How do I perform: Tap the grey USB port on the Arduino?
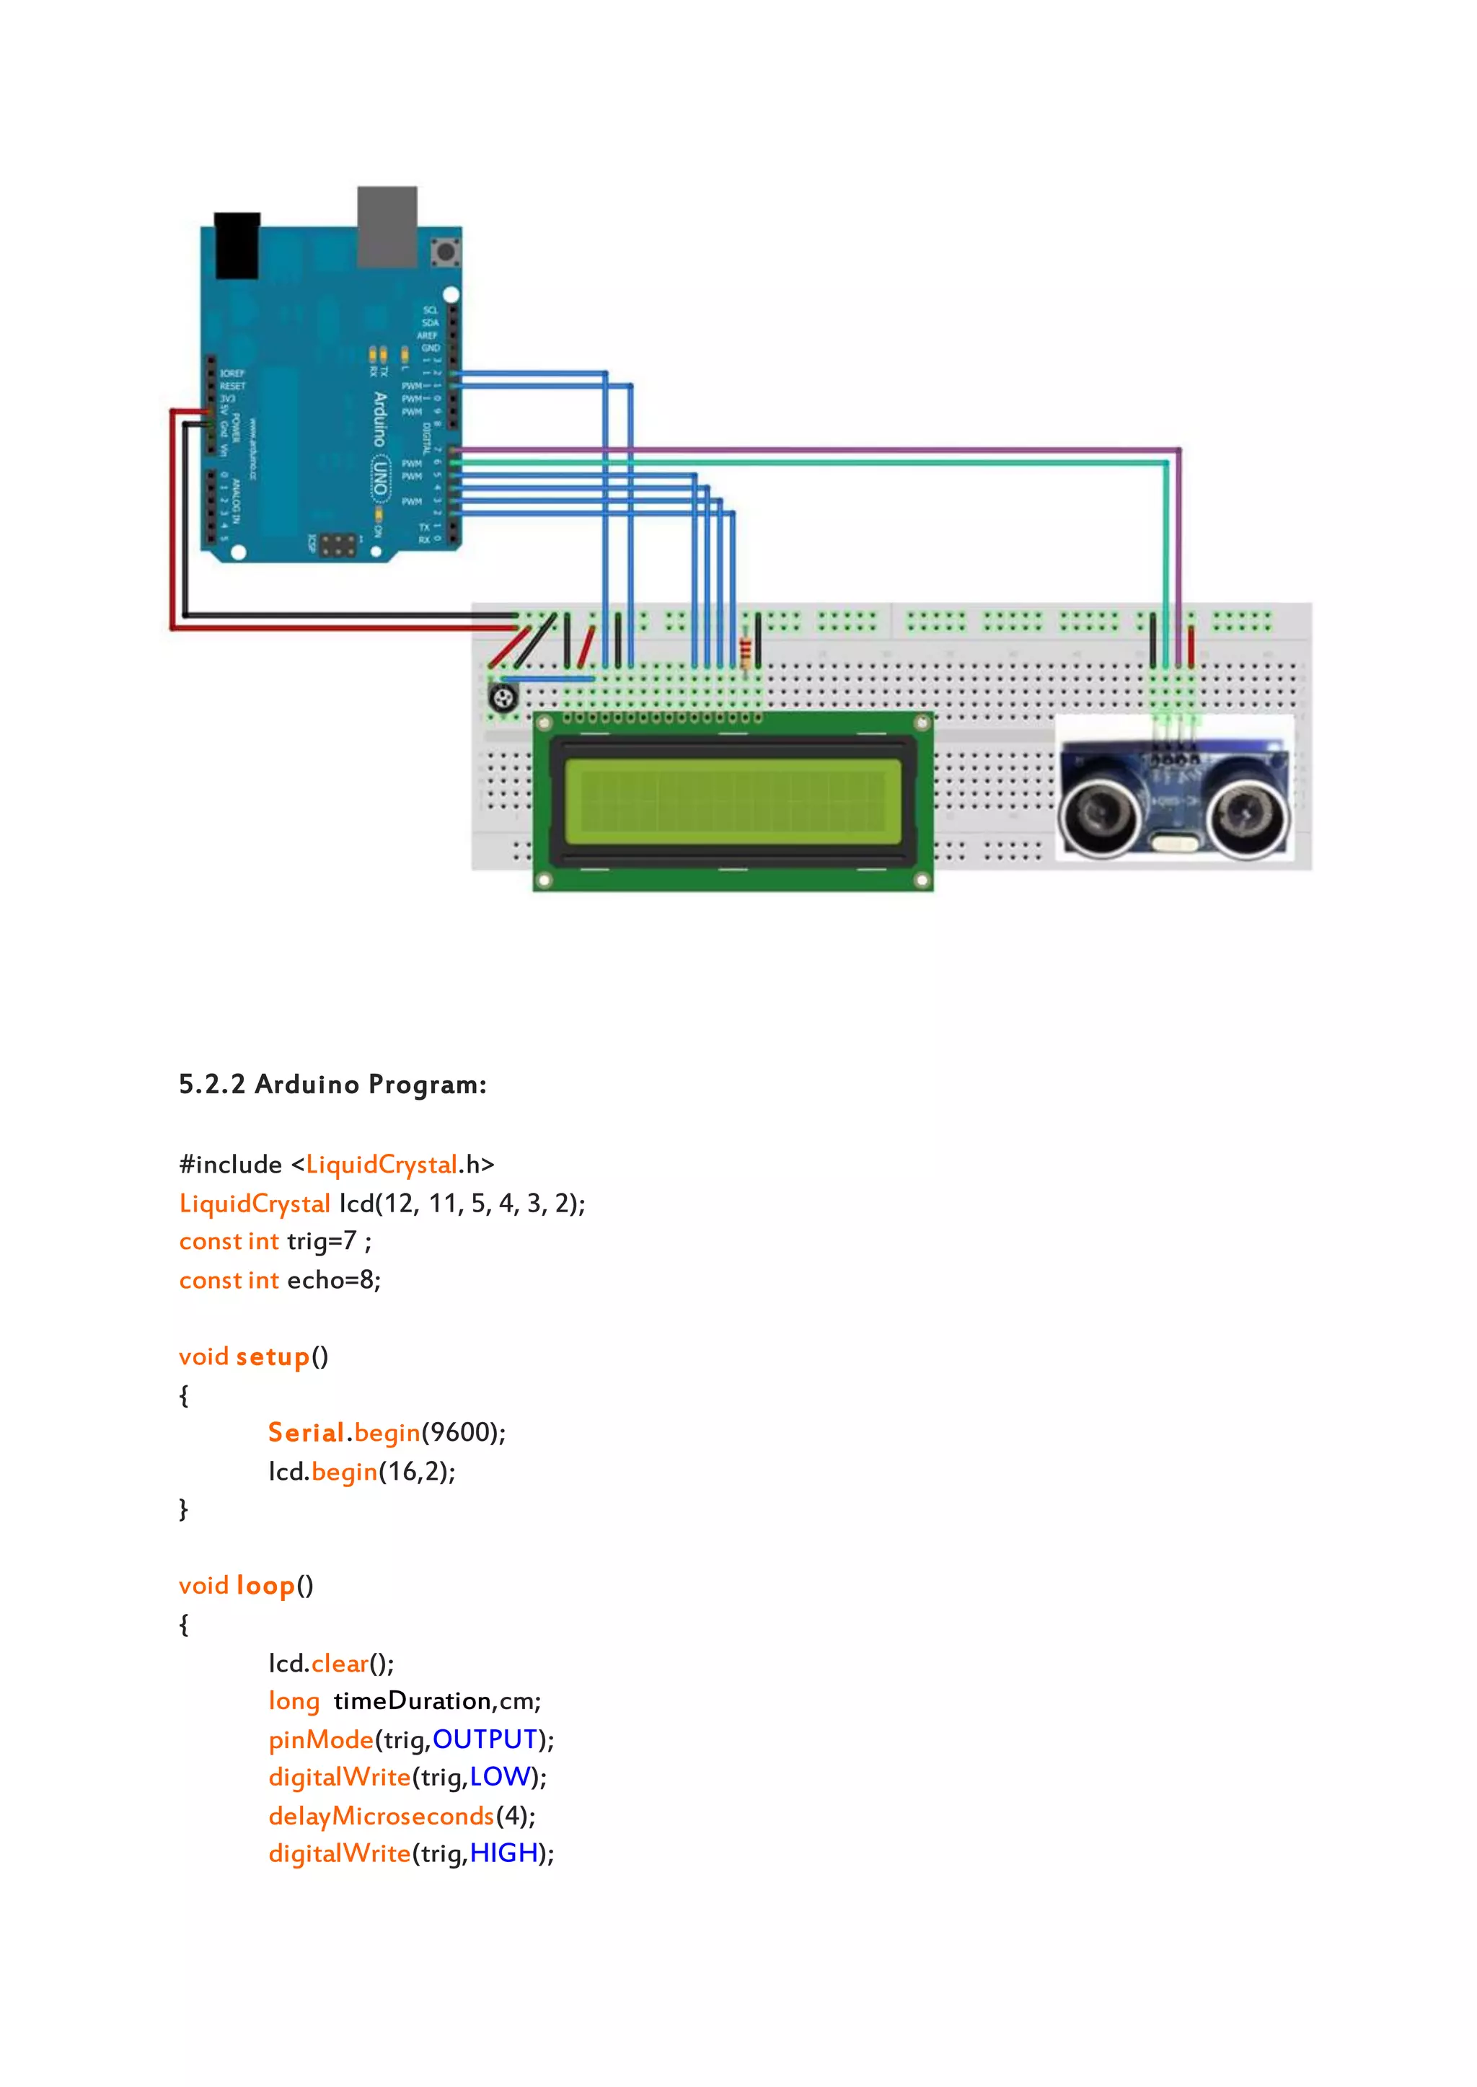click(387, 226)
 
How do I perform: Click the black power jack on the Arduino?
click(237, 245)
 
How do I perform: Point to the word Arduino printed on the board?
click(380, 419)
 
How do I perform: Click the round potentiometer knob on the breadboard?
click(503, 698)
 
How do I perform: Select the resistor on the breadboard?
click(746, 653)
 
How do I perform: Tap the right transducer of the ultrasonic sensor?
click(1248, 813)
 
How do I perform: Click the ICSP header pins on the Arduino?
click(338, 544)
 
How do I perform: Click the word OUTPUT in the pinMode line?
click(485, 1739)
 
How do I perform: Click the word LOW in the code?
click(499, 1777)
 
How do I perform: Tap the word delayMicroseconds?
click(381, 1816)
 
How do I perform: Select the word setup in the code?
click(273, 1356)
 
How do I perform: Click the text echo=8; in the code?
click(334, 1280)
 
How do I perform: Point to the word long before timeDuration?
click(294, 1701)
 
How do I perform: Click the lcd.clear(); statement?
click(331, 1663)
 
